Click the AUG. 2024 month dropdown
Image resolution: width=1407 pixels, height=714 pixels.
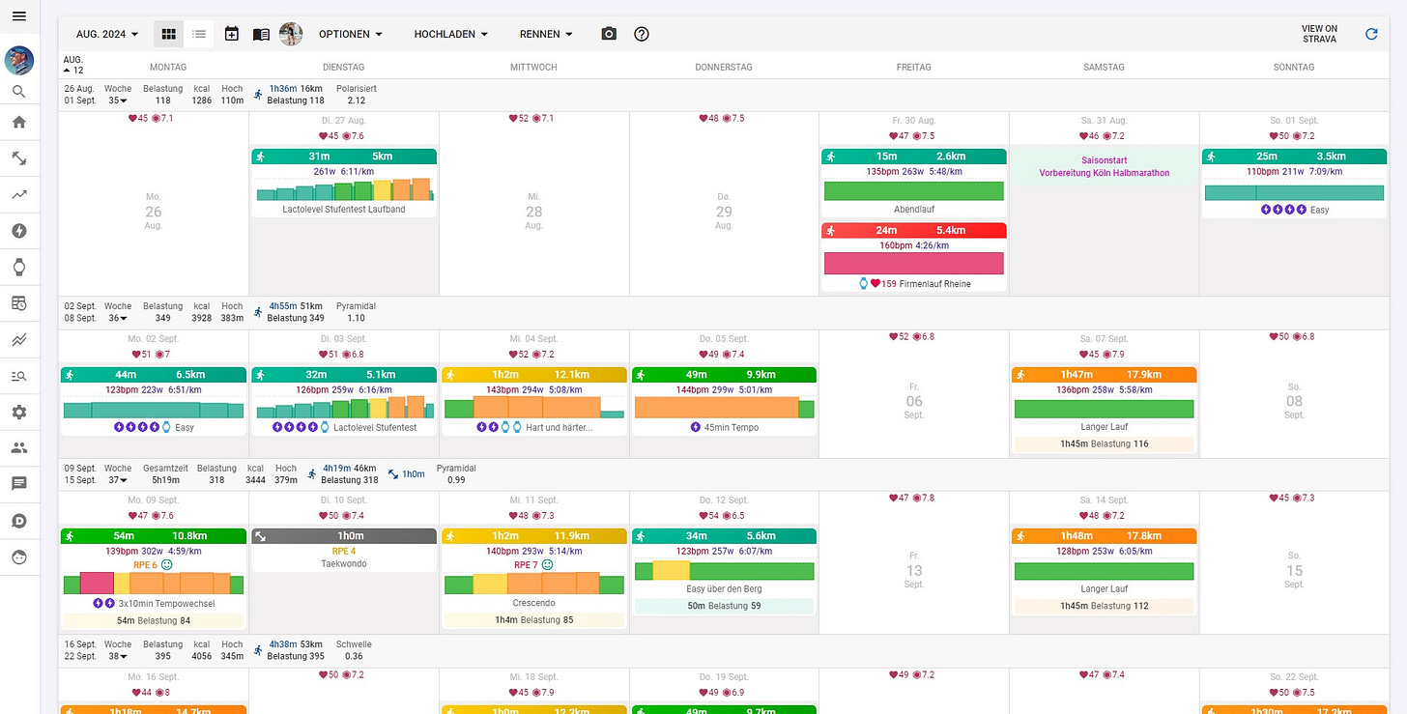(106, 34)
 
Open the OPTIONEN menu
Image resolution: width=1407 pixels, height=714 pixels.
(350, 34)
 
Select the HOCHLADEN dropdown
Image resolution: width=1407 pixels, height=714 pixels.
(450, 34)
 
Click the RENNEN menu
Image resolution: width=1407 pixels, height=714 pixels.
(546, 34)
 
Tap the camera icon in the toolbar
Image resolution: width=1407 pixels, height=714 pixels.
(609, 34)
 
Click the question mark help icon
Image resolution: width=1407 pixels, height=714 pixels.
(642, 34)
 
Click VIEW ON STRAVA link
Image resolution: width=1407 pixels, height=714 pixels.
(1319, 34)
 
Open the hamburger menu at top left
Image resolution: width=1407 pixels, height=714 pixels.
(19, 17)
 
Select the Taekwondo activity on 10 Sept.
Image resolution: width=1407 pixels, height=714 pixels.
(344, 563)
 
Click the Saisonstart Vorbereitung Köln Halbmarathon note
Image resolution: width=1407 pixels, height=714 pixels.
(1104, 167)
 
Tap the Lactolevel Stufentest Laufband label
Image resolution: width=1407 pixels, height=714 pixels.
(344, 209)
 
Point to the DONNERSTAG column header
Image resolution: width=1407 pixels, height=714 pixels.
(723, 67)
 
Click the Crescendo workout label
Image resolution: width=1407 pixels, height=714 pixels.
(533, 603)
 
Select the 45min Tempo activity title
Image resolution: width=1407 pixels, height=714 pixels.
(731, 427)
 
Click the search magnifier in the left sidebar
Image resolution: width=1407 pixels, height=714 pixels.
(19, 92)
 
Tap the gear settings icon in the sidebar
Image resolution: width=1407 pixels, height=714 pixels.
(19, 412)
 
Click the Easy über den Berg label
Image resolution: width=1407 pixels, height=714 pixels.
(724, 588)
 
